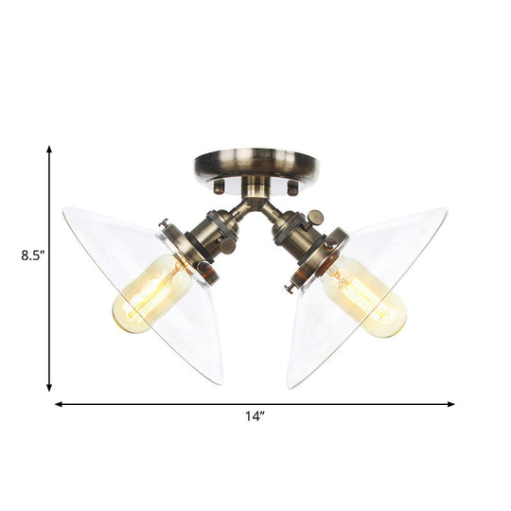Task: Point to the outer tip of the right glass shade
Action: coord(446,210)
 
